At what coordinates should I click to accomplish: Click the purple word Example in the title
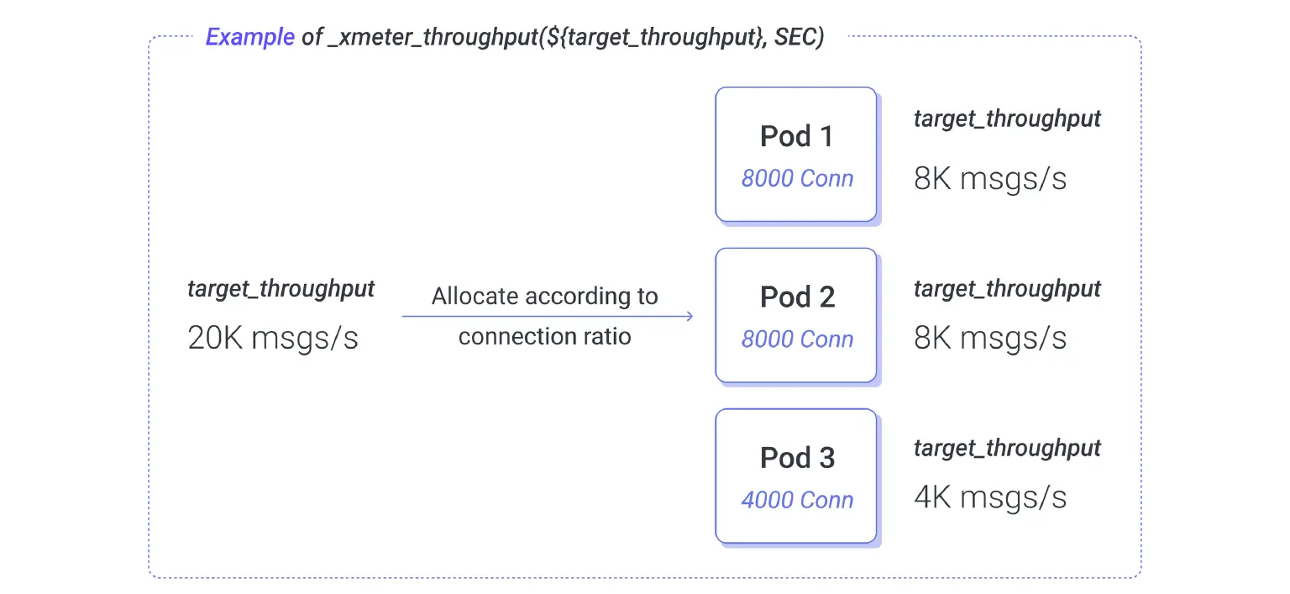tap(250, 38)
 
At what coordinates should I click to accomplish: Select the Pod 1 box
tap(796, 155)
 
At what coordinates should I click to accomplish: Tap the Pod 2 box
tap(796, 315)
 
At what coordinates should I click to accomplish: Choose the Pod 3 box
tap(796, 476)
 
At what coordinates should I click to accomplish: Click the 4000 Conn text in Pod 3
tap(797, 500)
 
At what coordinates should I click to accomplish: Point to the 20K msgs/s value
tap(273, 338)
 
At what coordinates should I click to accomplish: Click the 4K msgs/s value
tap(990, 497)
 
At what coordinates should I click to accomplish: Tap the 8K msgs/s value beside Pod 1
tap(990, 178)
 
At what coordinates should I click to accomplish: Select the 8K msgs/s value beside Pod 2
tap(990, 338)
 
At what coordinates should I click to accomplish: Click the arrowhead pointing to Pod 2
tap(690, 316)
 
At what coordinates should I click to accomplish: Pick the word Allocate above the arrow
tap(475, 296)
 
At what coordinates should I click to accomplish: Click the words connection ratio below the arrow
tap(545, 336)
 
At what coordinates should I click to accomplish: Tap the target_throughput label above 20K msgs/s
tap(281, 289)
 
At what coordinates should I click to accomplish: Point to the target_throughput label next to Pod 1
tap(1007, 119)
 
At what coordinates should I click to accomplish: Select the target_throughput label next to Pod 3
tap(1007, 449)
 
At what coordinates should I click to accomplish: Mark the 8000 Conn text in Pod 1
tap(797, 178)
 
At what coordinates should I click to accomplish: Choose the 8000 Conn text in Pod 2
tap(797, 339)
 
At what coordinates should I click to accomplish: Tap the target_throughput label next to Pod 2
tap(1007, 289)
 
